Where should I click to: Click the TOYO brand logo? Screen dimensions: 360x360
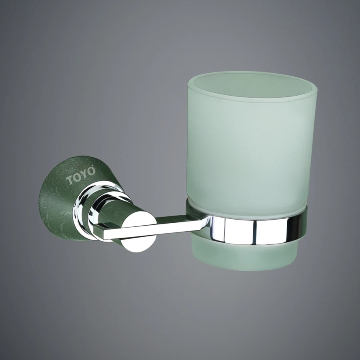pos(81,175)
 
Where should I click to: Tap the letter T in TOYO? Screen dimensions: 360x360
pos(70,179)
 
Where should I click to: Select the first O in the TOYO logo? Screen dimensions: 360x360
pos(77,176)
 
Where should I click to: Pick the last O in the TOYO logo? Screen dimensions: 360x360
pos(92,171)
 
